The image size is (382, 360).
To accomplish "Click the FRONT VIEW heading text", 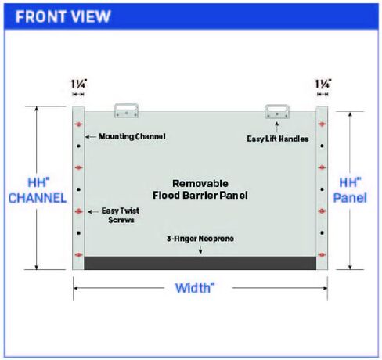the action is [x=63, y=16].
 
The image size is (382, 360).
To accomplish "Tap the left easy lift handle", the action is [x=127, y=110].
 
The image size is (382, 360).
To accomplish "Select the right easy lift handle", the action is [x=277, y=111].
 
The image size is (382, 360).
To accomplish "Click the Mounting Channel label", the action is [x=132, y=136].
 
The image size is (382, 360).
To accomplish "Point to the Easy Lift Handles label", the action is [x=278, y=139].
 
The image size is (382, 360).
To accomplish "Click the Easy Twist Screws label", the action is [x=121, y=215].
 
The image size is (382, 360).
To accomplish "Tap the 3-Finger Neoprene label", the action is [x=200, y=239].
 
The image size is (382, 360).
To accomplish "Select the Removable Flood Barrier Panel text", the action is [x=200, y=189].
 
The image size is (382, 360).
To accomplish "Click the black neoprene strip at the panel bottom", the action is [x=200, y=263].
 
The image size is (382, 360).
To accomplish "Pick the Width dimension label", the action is [x=195, y=288].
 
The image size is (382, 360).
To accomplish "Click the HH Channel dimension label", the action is [x=38, y=190].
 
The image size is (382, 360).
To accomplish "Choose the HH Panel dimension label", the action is [x=350, y=190].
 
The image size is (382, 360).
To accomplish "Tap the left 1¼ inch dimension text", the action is [x=79, y=84].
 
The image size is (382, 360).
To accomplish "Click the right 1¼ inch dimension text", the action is [x=323, y=84].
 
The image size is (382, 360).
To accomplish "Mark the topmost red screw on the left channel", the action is [x=79, y=124].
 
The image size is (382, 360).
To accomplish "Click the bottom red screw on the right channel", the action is [x=322, y=254].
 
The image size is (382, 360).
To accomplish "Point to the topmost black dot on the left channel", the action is [x=79, y=146].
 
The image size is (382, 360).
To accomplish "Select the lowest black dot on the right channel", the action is [x=322, y=232].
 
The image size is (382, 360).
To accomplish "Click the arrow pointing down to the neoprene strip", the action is [x=200, y=249].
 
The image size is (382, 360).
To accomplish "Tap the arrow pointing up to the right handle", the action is [x=277, y=128].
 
